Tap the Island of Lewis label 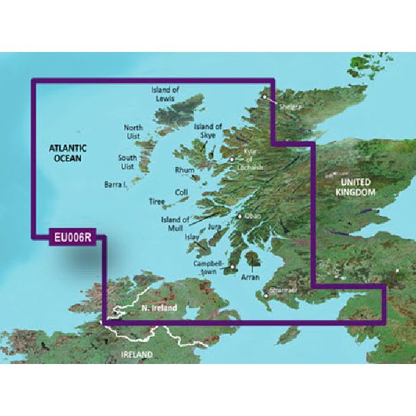tap(166, 94)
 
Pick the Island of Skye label tap(208, 131)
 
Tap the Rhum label tap(184, 169)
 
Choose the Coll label tap(182, 192)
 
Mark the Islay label tap(192, 237)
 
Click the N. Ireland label tap(159, 307)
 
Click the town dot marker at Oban tap(240, 217)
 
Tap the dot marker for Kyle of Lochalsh tap(232, 160)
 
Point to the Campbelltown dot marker tap(233, 267)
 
